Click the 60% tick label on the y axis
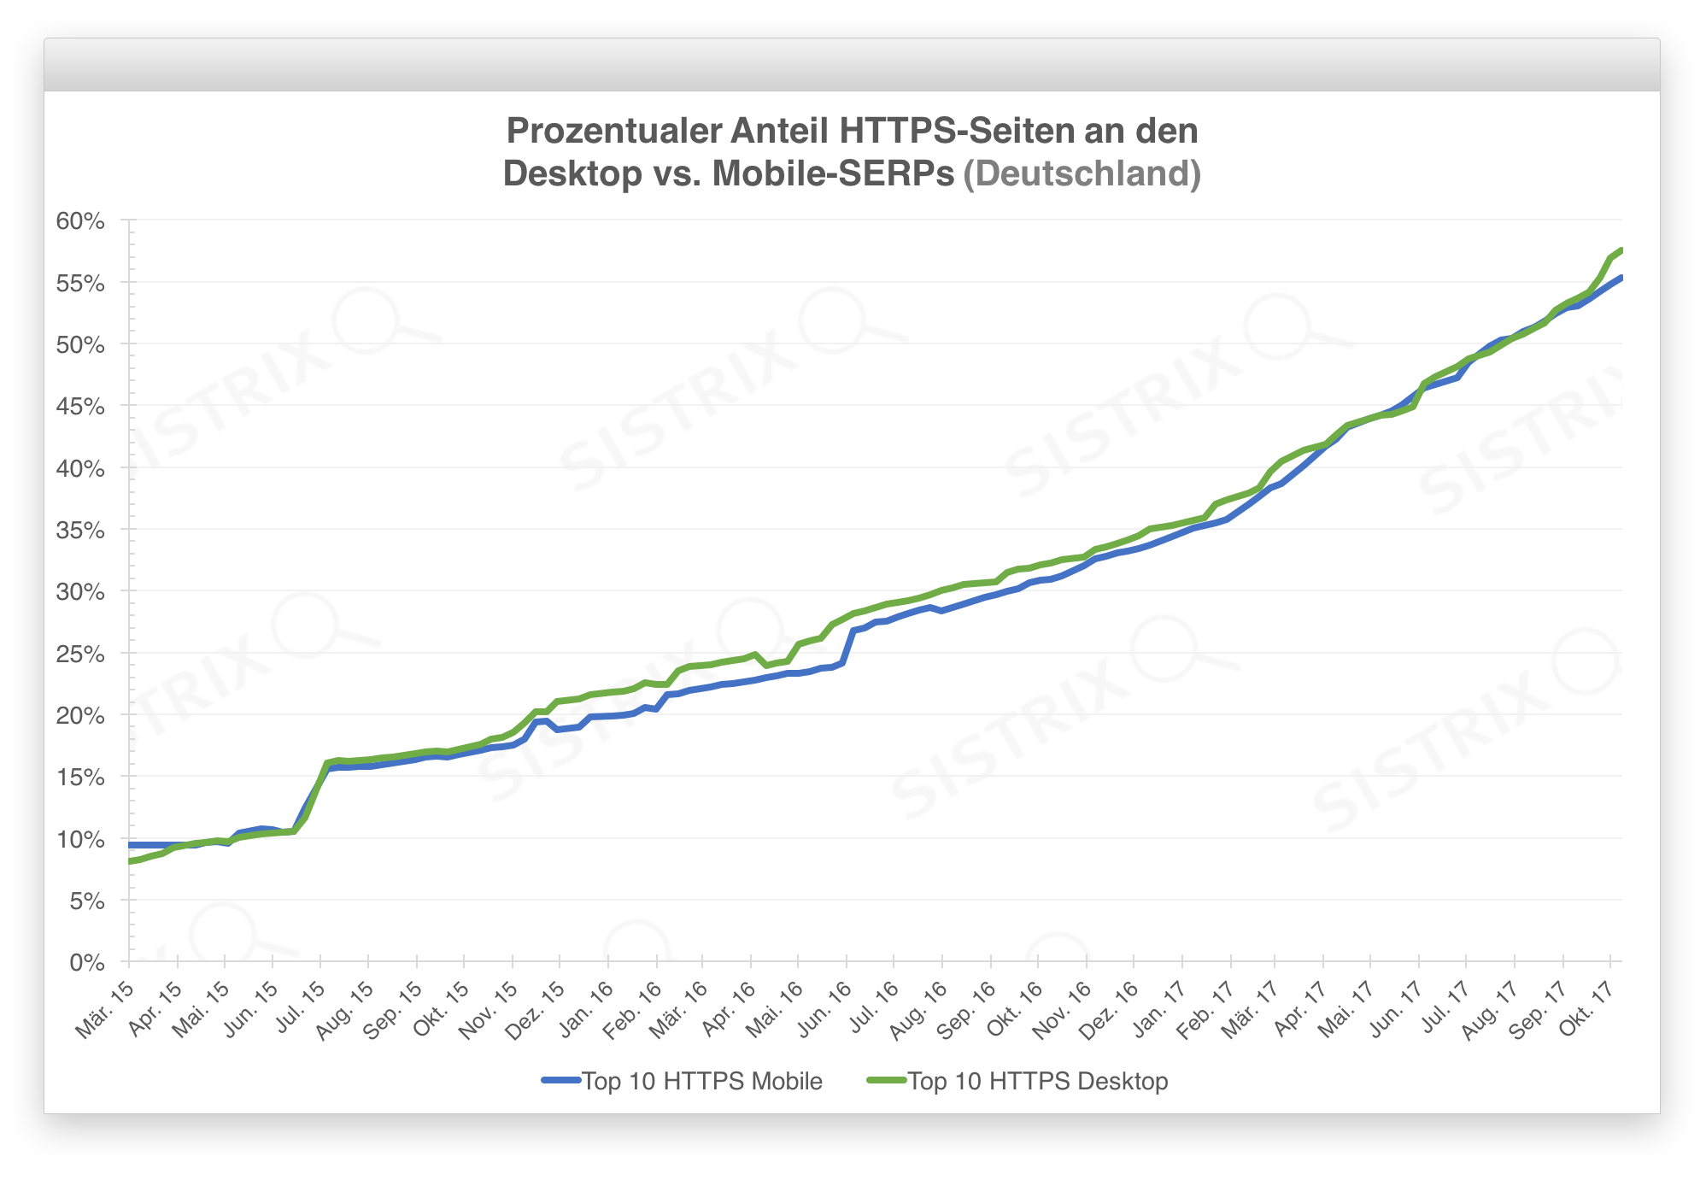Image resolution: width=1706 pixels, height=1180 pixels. (80, 221)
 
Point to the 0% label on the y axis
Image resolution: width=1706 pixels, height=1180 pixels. (86, 963)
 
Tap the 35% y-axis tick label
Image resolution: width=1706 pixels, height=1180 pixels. (80, 531)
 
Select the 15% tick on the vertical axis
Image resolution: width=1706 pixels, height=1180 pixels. (80, 778)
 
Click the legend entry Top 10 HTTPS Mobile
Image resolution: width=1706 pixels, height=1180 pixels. (701, 1082)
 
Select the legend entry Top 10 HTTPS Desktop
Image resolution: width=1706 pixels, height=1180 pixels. (1037, 1082)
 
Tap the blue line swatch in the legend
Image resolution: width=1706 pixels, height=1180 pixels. (561, 1082)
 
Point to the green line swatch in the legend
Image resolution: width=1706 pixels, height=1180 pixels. (887, 1082)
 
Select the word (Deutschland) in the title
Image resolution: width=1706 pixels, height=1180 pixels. (1082, 173)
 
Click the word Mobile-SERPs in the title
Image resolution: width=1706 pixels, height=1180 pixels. (833, 173)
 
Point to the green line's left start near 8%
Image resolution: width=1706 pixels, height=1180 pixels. (131, 861)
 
